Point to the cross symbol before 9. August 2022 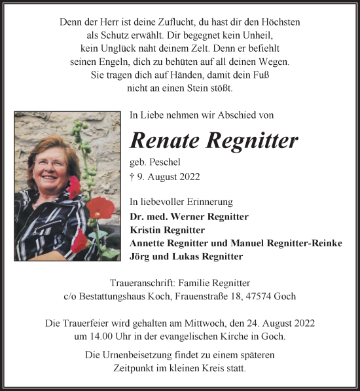(x=133, y=176)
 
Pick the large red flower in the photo (x=100, y=210)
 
